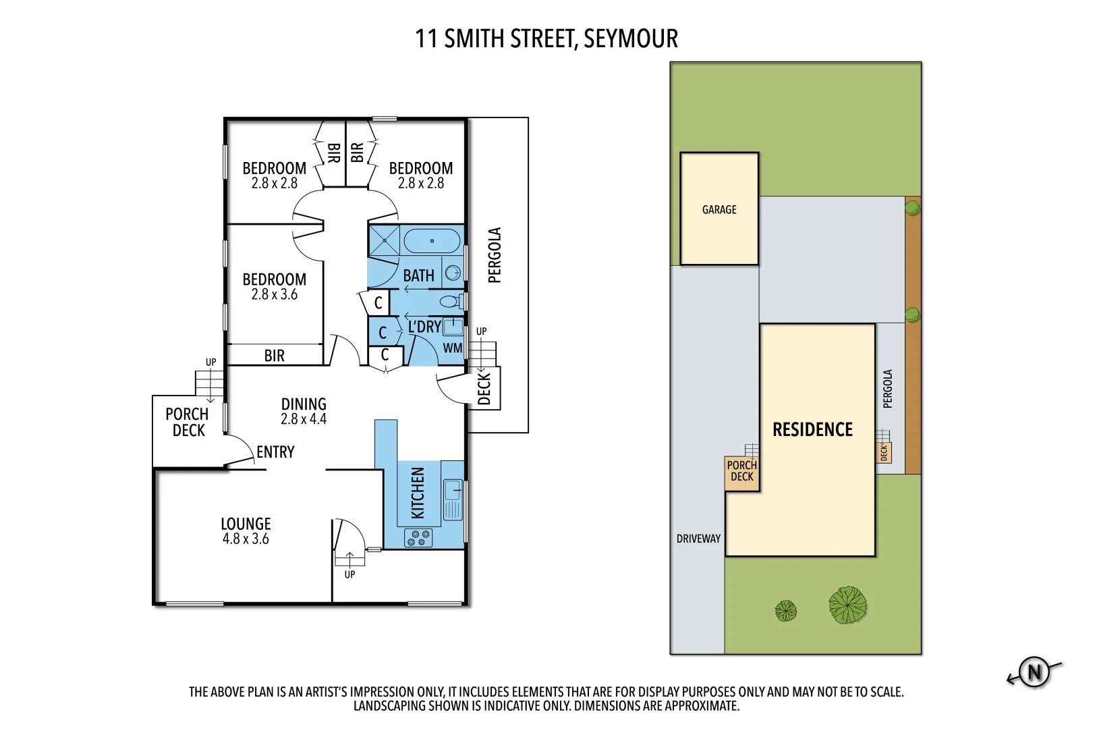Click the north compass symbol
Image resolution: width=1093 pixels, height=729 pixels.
1034,672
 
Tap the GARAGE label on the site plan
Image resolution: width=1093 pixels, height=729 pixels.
719,210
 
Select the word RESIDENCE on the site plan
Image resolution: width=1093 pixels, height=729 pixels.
812,430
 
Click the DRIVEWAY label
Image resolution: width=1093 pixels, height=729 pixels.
698,539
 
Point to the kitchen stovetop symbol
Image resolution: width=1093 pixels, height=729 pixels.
418,538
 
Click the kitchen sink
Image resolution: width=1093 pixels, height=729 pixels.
453,499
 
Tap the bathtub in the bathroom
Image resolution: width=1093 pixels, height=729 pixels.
432,241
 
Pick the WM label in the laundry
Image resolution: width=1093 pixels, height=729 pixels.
453,348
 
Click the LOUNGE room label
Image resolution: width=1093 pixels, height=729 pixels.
246,524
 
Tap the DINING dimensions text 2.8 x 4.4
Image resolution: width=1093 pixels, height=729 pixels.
304,419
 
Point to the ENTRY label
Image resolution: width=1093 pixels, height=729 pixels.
275,452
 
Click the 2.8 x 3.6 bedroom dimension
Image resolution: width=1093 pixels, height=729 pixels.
274,295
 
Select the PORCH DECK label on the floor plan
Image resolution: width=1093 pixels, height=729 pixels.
188,422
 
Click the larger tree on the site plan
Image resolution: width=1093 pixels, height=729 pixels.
847,604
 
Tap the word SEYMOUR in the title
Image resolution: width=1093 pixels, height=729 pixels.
630,39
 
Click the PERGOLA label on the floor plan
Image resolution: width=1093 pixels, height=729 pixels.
495,255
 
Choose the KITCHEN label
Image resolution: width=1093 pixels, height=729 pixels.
418,493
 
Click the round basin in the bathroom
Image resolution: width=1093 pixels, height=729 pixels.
453,273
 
